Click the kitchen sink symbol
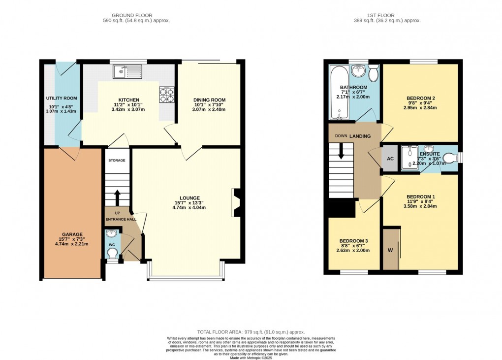[x=127, y=72]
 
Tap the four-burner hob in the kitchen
[x=166, y=95]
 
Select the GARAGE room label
[x=72, y=234]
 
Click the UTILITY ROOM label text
[x=62, y=98]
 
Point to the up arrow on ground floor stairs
[x=117, y=196]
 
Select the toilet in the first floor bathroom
[x=374, y=74]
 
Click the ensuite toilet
[x=450, y=158]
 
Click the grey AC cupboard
[x=390, y=159]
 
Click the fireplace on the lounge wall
[x=236, y=202]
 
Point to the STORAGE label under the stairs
[x=117, y=161]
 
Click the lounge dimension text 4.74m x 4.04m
[x=188, y=207]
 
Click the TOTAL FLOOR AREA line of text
[x=251, y=332]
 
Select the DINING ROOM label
[x=209, y=100]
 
